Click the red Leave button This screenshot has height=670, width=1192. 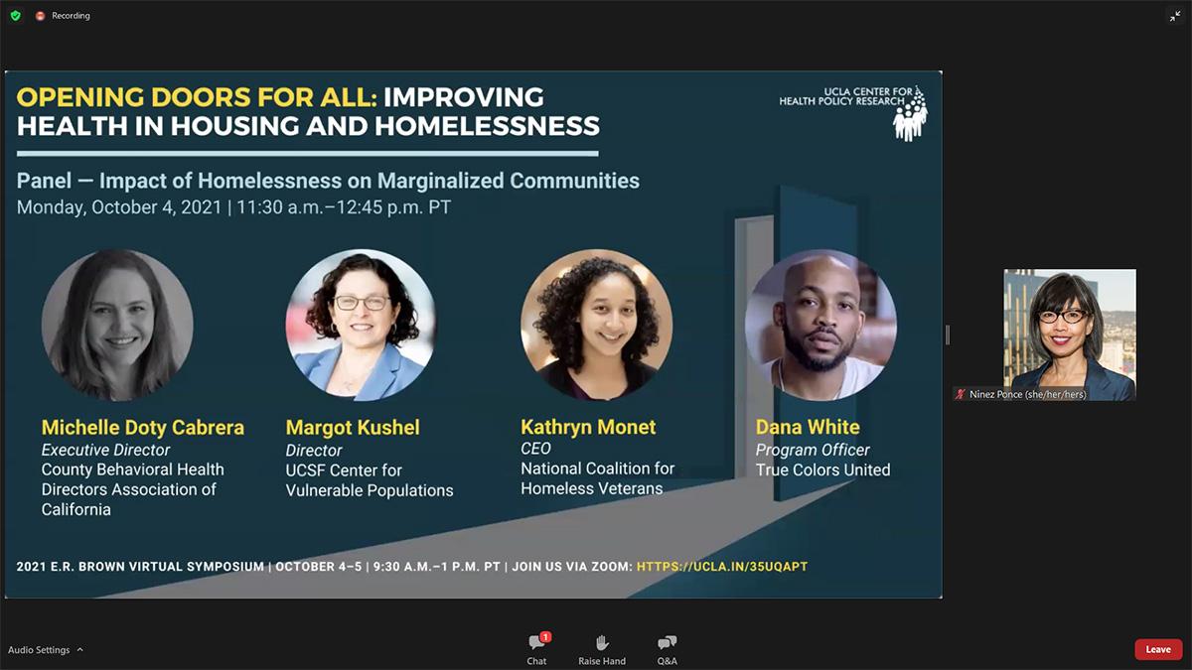click(x=1158, y=649)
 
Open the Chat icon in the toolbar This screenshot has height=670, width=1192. click(x=536, y=642)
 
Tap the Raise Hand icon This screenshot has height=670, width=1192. click(x=602, y=642)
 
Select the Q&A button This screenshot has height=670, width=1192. click(x=667, y=642)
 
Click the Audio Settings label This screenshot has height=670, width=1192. click(x=39, y=650)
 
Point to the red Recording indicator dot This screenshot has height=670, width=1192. click(x=40, y=16)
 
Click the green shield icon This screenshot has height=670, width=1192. click(x=16, y=16)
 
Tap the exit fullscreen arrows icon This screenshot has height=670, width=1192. click(x=1175, y=16)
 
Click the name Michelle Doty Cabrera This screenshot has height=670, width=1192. click(x=143, y=427)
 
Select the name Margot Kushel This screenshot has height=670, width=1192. click(x=353, y=428)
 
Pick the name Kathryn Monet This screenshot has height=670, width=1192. click(x=588, y=427)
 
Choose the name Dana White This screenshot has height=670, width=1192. click(x=808, y=427)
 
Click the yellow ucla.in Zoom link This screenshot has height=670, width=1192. click(x=722, y=567)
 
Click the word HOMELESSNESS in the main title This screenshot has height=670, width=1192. click(x=487, y=126)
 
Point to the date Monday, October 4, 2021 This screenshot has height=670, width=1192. click(x=118, y=206)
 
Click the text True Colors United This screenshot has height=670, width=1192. click(x=822, y=470)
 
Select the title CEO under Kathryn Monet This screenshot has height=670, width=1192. click(x=535, y=449)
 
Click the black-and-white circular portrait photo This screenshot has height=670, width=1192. click(x=117, y=325)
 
